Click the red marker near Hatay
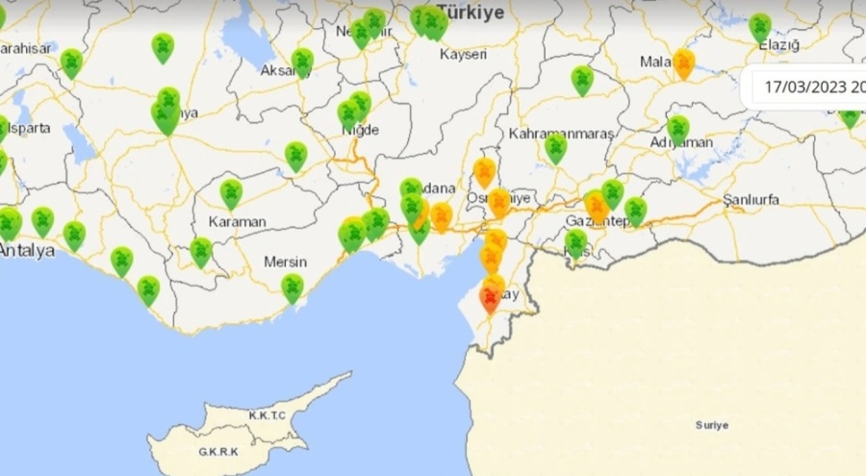click(x=490, y=300)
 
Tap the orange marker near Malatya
click(x=683, y=63)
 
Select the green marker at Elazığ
click(x=760, y=27)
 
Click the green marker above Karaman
click(x=231, y=193)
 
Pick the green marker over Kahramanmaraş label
click(x=555, y=147)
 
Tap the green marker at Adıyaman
click(x=678, y=129)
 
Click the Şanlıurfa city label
click(x=751, y=200)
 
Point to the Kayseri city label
click(x=463, y=54)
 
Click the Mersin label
click(x=286, y=262)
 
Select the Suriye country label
click(x=712, y=425)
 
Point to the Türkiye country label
click(x=471, y=13)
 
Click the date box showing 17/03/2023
click(x=808, y=88)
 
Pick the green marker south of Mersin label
click(x=292, y=287)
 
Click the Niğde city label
click(x=361, y=130)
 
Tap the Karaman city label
click(x=237, y=221)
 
